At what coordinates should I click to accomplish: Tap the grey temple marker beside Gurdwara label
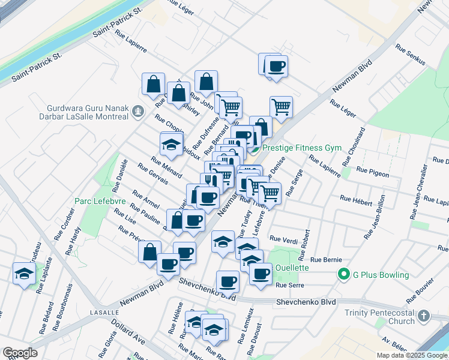pyautogui.click(x=139, y=110)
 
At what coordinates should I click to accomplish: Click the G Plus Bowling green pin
pyautogui.click(x=343, y=275)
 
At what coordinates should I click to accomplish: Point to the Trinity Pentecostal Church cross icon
pyautogui.click(x=424, y=316)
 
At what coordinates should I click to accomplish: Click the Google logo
pyautogui.click(x=20, y=353)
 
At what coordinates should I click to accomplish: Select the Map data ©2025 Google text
pyautogui.click(x=412, y=355)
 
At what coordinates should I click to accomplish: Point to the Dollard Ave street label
pyautogui.click(x=130, y=331)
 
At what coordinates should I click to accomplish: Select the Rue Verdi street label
pyautogui.click(x=284, y=238)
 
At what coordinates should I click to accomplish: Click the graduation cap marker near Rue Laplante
pyautogui.click(x=24, y=274)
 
